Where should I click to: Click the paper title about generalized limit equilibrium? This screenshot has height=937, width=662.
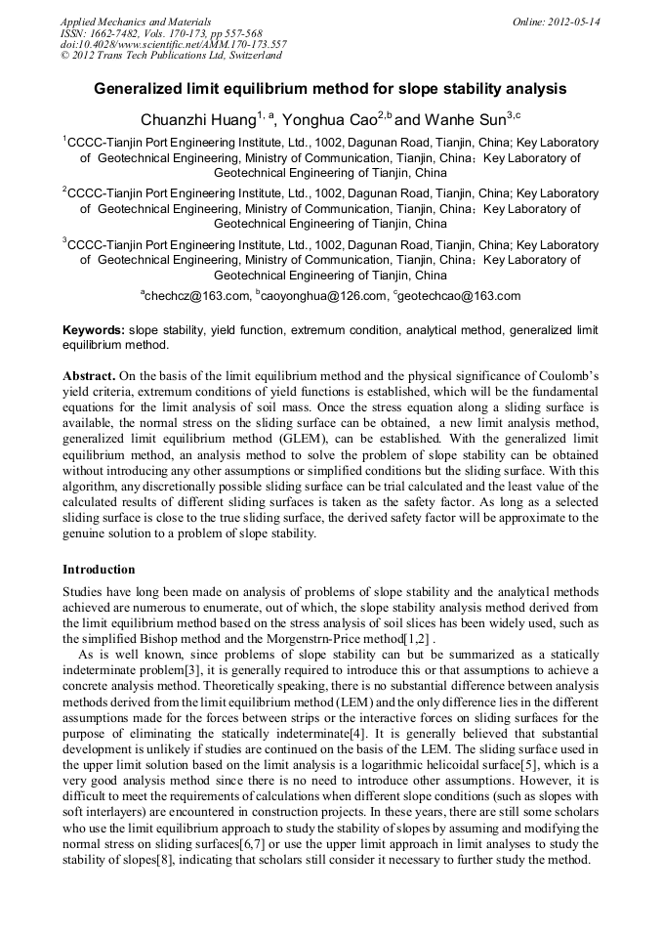[x=330, y=89]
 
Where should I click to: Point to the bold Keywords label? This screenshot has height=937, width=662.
[x=93, y=331]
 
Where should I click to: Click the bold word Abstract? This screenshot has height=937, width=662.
[x=89, y=375]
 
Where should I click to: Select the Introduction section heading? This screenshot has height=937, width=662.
[x=99, y=570]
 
